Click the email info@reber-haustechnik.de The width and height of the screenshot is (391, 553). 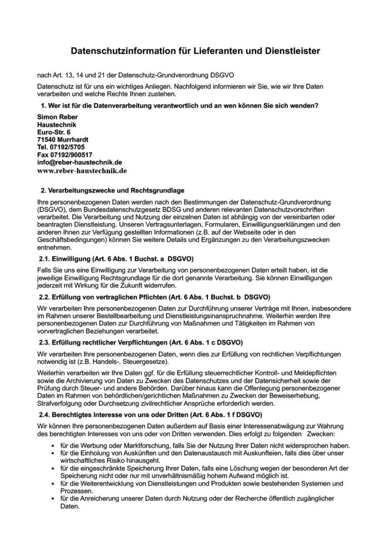[x=79, y=162]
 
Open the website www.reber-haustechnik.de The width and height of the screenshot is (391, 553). [x=82, y=170]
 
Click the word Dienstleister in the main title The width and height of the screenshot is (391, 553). [x=292, y=51]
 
